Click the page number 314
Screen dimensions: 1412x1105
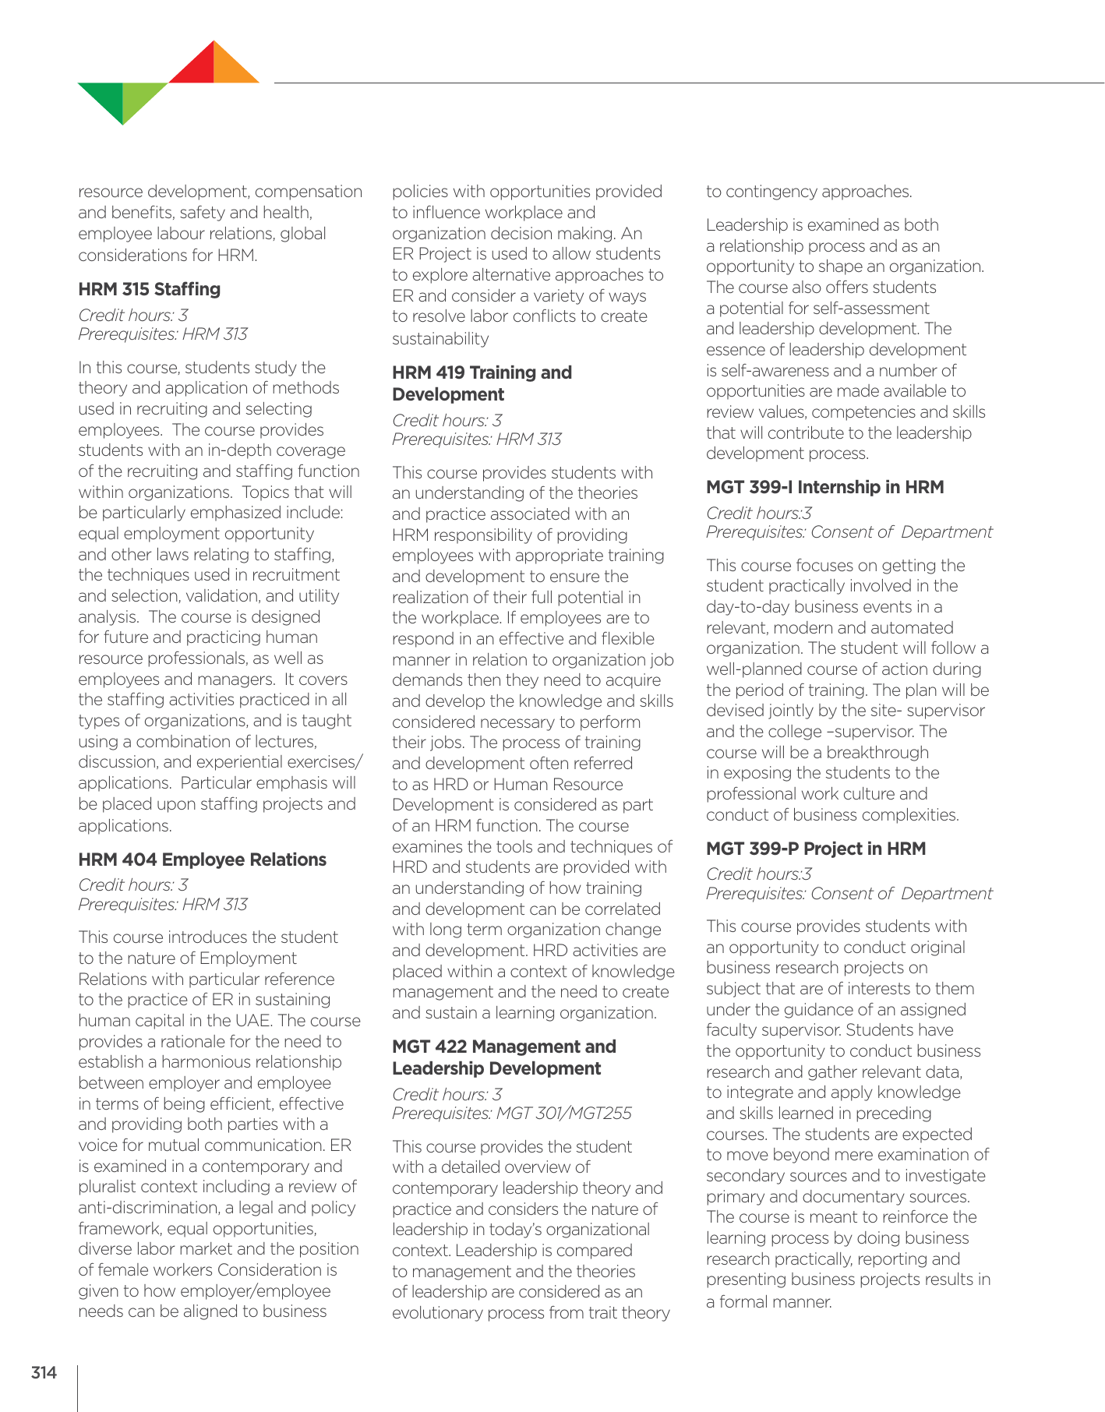click(44, 1372)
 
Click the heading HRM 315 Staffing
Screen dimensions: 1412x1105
click(149, 289)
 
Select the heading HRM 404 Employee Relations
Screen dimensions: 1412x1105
click(202, 860)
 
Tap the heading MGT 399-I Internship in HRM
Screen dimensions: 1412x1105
click(824, 487)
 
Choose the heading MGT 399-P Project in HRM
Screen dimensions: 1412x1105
click(815, 849)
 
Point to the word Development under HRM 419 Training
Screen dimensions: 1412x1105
click(448, 394)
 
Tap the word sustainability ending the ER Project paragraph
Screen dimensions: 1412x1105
click(440, 338)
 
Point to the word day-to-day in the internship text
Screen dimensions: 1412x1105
click(745, 606)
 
